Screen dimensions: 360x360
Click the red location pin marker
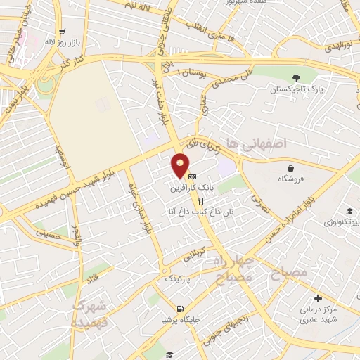181,165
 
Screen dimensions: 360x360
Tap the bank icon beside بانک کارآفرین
192,176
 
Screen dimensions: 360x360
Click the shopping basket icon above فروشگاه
291,168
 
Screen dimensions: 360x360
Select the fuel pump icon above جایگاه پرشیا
181,309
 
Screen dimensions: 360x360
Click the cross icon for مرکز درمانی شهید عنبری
318,298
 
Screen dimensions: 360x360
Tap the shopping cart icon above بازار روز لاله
63,31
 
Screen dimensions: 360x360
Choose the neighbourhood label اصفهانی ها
265,143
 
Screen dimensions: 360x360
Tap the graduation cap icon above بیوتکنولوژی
349,211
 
